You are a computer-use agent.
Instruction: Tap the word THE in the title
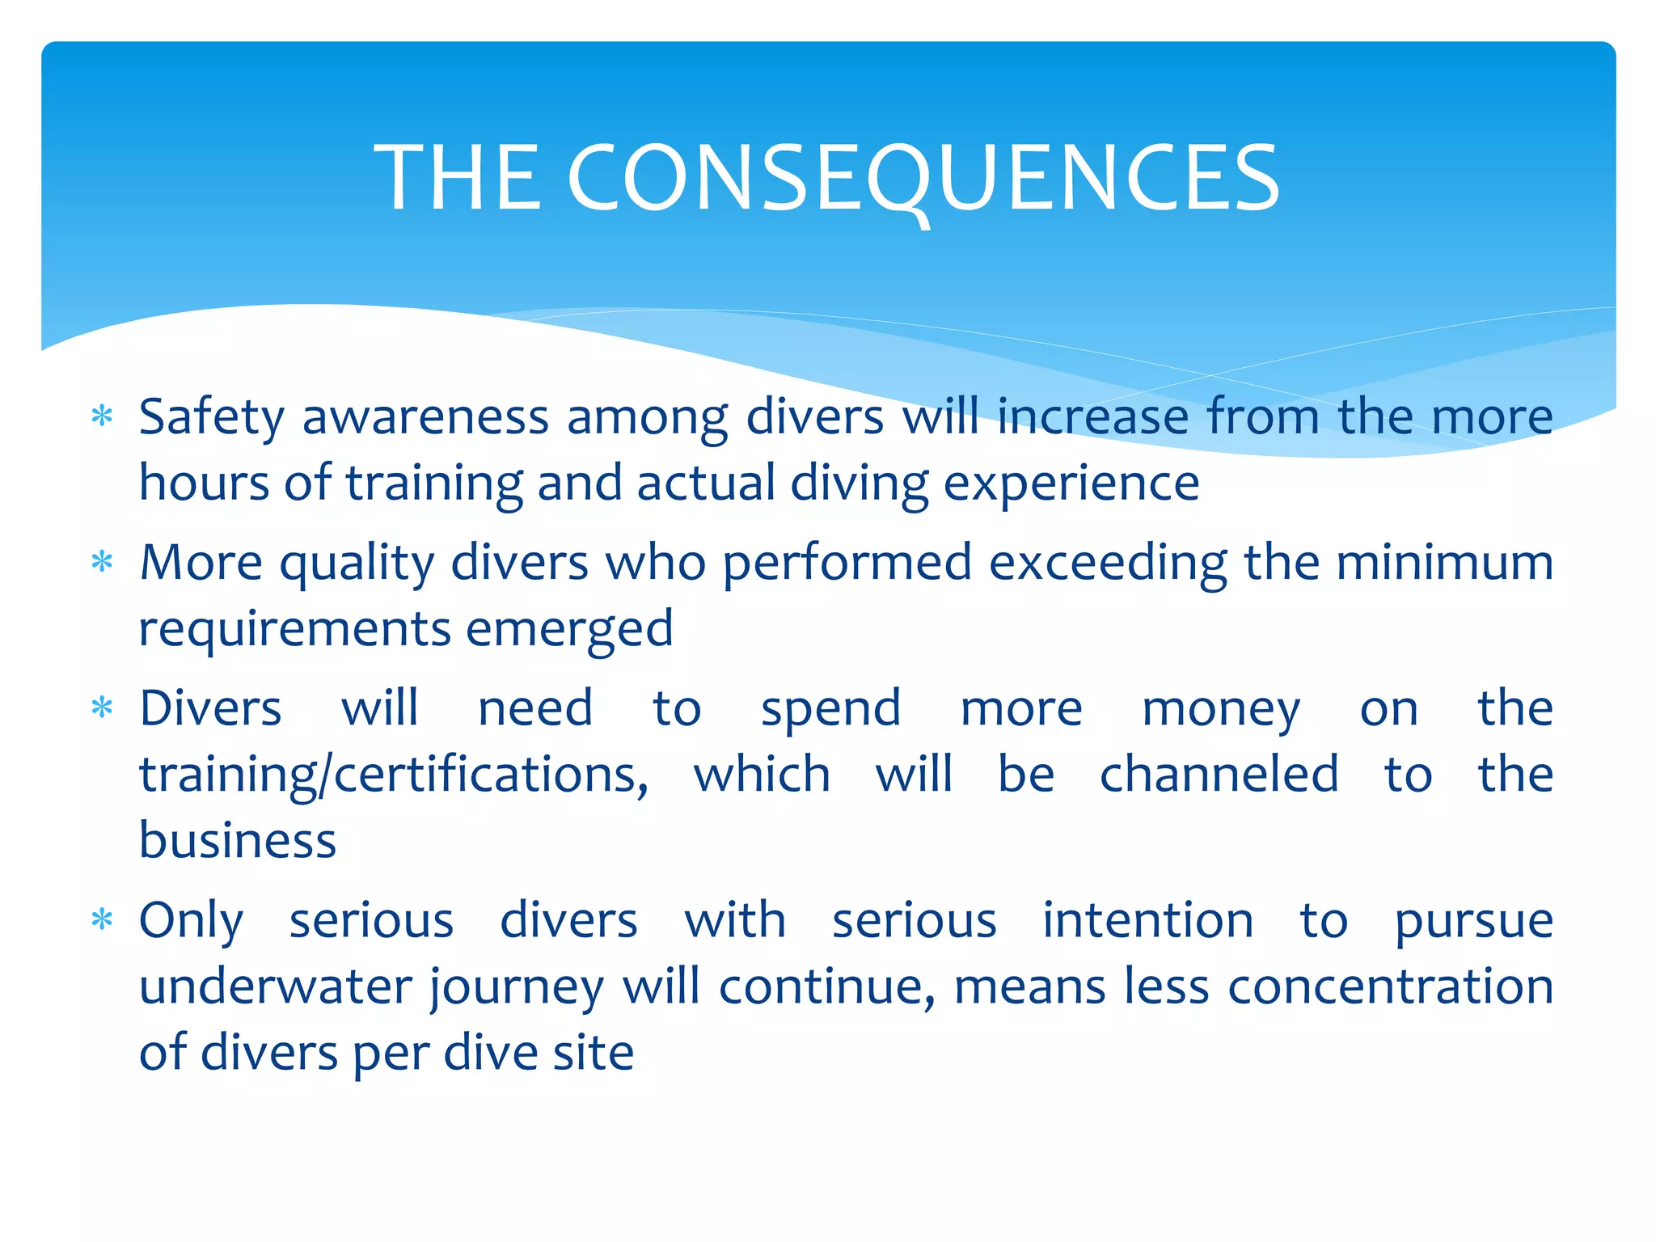[457, 178]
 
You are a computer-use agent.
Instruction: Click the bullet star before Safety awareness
[102, 416]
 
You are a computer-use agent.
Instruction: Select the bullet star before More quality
[102, 561]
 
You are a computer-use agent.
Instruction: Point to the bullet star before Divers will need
[102, 708]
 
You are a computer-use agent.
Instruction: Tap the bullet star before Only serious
[102, 919]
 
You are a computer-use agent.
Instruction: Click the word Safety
[212, 419]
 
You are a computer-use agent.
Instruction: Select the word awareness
[425, 417]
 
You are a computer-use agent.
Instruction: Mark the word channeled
[1219, 774]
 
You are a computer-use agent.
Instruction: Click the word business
[238, 840]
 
